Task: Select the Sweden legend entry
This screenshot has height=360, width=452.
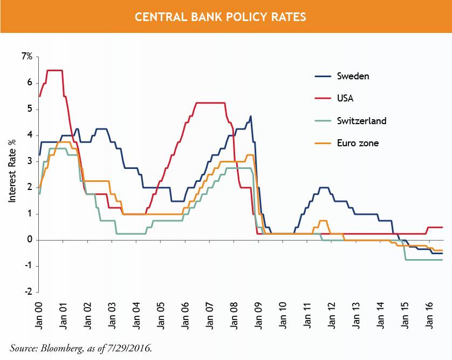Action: [x=353, y=76]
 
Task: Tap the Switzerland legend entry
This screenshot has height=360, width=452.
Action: [x=361, y=120]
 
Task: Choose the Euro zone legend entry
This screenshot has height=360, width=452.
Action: [x=357, y=143]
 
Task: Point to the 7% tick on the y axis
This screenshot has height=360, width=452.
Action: [x=27, y=56]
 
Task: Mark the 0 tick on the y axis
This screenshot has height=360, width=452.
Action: [x=30, y=240]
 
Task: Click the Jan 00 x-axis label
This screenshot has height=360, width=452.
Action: [x=39, y=314]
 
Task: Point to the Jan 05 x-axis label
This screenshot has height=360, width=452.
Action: [x=161, y=314]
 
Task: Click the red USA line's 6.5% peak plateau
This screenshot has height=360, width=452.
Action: [x=54, y=70]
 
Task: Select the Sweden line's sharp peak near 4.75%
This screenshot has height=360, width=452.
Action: [x=250, y=116]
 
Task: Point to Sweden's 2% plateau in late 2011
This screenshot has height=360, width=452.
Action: [x=324, y=187]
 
